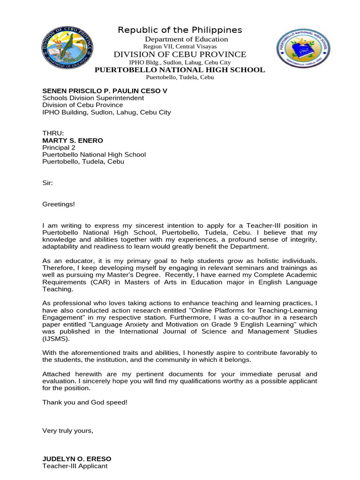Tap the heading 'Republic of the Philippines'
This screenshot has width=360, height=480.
180,30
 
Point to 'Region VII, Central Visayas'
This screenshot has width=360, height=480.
180,46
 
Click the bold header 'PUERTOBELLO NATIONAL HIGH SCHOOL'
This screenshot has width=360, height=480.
180,70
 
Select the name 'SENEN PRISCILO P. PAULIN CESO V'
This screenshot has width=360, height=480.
105,90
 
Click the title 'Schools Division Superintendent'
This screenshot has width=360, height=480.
93,98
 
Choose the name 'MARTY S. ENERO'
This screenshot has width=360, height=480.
73,140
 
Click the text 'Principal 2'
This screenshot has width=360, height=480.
59,147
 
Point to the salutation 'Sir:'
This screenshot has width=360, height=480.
48,183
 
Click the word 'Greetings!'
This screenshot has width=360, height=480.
59,204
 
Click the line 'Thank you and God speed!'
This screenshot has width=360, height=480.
85,402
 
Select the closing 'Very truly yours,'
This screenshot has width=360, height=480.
68,430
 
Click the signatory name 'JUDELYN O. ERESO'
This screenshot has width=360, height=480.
77,458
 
